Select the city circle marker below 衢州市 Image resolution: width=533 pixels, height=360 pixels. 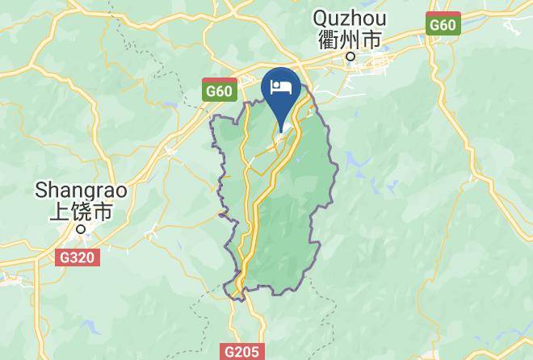(350, 57)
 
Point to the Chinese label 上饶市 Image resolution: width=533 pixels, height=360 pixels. (80, 211)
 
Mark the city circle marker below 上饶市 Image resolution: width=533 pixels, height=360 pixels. (80, 229)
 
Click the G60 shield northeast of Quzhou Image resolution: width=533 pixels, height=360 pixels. (443, 25)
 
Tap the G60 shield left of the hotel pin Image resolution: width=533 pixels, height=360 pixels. (218, 90)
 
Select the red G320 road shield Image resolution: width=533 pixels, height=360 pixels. (78, 259)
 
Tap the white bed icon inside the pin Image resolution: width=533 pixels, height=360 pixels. (281, 86)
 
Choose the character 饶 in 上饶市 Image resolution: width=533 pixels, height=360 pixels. (80, 211)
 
